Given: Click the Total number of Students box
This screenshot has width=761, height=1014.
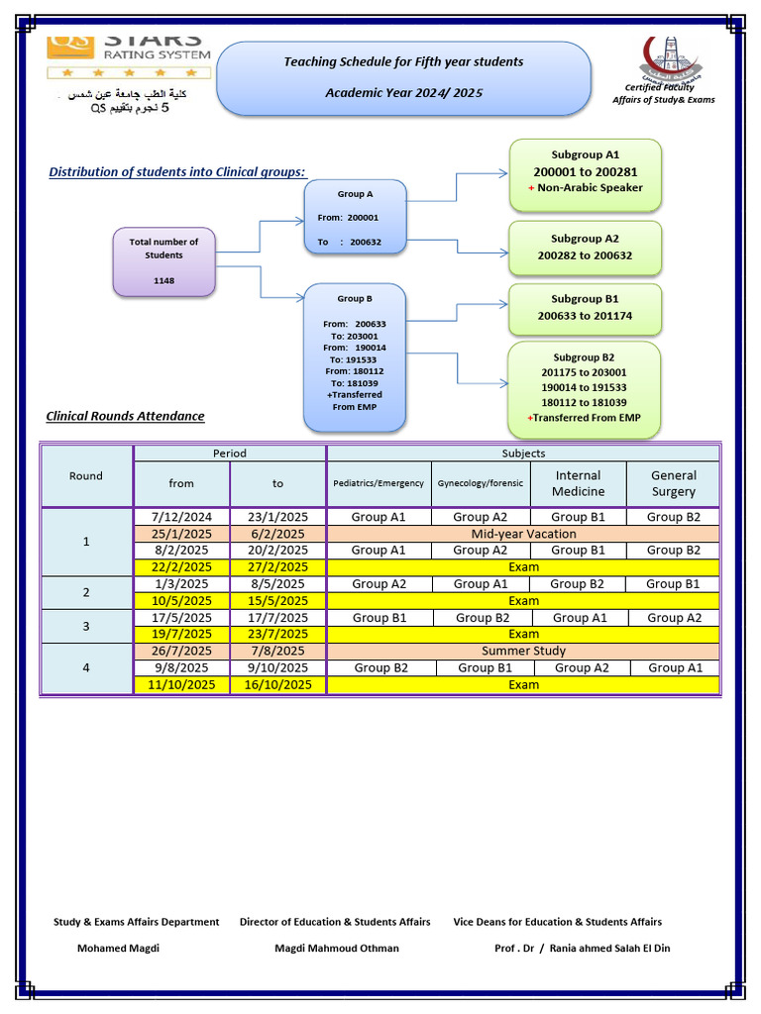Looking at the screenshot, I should pyautogui.click(x=163, y=261).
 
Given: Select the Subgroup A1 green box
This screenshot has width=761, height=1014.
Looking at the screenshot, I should pyautogui.click(x=585, y=174).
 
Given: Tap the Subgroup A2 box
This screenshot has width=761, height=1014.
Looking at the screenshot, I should pyautogui.click(x=585, y=248).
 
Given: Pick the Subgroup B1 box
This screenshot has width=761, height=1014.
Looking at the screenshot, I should pyautogui.click(x=585, y=308).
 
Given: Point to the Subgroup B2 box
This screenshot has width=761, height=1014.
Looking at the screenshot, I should pyautogui.click(x=584, y=388).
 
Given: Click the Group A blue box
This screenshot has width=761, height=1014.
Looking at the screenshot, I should pyautogui.click(x=355, y=218).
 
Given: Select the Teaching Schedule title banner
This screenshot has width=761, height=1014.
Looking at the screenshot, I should pyautogui.click(x=403, y=77).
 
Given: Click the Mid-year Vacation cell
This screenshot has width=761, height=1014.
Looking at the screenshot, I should pyautogui.click(x=523, y=534).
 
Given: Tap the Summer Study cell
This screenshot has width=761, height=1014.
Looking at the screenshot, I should pyautogui.click(x=523, y=651).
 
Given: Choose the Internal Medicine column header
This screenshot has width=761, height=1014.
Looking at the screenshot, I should pyautogui.click(x=578, y=483).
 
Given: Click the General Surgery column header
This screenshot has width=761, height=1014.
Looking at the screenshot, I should pyautogui.click(x=673, y=483).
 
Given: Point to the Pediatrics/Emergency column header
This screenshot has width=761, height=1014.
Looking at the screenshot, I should pyautogui.click(x=379, y=483).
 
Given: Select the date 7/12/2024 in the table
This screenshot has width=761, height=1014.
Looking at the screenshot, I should pyautogui.click(x=181, y=517).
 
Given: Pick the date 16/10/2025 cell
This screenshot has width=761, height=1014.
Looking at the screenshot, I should pyautogui.click(x=277, y=684).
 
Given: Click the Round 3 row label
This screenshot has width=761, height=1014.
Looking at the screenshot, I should pyautogui.click(x=86, y=626).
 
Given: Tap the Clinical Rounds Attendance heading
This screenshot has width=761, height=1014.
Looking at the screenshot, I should pyautogui.click(x=126, y=416).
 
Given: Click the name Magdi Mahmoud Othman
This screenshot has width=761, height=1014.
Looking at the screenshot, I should pyautogui.click(x=337, y=948).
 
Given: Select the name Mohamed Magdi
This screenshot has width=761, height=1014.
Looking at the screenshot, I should pyautogui.click(x=118, y=948).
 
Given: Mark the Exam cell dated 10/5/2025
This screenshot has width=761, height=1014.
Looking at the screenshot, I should pyautogui.click(x=523, y=600).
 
